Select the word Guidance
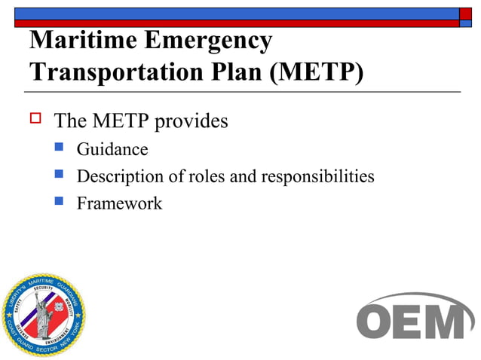click(x=112, y=149)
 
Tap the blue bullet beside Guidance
click(x=60, y=149)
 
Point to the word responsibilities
click(x=317, y=176)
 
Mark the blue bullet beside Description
click(x=60, y=176)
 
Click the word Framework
click(x=119, y=203)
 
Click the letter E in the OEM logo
click(x=411, y=320)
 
